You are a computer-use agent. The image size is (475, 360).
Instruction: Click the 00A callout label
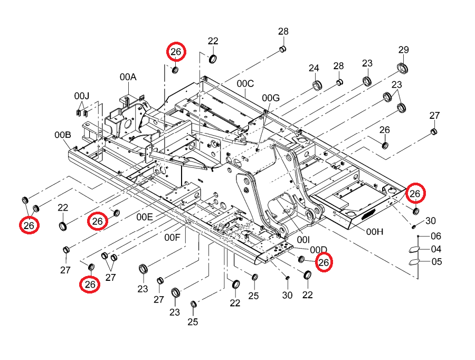tap(128, 77)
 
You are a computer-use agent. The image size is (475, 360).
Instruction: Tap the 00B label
tap(63, 135)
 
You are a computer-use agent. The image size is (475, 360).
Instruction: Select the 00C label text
tap(245, 83)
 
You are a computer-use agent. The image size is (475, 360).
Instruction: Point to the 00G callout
tap(271, 98)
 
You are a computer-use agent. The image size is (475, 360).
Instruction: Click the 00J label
tap(82, 96)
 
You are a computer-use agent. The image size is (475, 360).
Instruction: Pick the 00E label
tap(145, 217)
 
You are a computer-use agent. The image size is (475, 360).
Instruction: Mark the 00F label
tap(172, 238)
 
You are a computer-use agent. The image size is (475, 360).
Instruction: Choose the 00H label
tap(375, 232)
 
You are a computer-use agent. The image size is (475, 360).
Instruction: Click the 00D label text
tap(318, 250)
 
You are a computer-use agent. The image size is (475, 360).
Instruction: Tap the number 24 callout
tap(314, 68)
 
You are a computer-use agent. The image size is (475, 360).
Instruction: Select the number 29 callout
tap(404, 50)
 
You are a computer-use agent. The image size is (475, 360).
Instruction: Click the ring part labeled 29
tap(402, 69)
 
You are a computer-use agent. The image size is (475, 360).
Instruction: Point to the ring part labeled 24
tap(317, 85)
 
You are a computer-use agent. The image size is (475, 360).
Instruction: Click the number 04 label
tap(436, 249)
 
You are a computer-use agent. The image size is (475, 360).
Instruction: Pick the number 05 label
tap(436, 261)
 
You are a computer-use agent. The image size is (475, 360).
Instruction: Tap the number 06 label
tap(436, 236)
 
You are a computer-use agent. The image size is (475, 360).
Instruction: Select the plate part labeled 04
tap(414, 250)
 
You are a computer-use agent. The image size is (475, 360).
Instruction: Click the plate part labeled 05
tap(414, 262)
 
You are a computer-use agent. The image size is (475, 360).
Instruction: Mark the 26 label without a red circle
tap(384, 130)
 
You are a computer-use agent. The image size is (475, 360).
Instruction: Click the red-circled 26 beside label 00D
tap(324, 262)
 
